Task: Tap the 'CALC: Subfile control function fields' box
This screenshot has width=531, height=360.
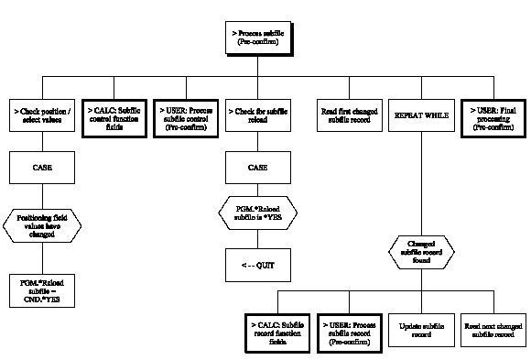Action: (x=115, y=115)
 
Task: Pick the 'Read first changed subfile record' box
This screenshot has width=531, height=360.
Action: (x=349, y=115)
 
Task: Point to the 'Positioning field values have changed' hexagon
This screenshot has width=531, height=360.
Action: (x=39, y=224)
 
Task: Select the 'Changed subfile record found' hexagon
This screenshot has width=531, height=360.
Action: (x=419, y=251)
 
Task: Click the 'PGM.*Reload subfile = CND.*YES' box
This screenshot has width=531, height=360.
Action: (x=39, y=287)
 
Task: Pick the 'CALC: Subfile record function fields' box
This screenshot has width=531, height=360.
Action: (x=277, y=329)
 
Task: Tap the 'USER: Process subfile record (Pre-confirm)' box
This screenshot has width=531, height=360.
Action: (x=349, y=329)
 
